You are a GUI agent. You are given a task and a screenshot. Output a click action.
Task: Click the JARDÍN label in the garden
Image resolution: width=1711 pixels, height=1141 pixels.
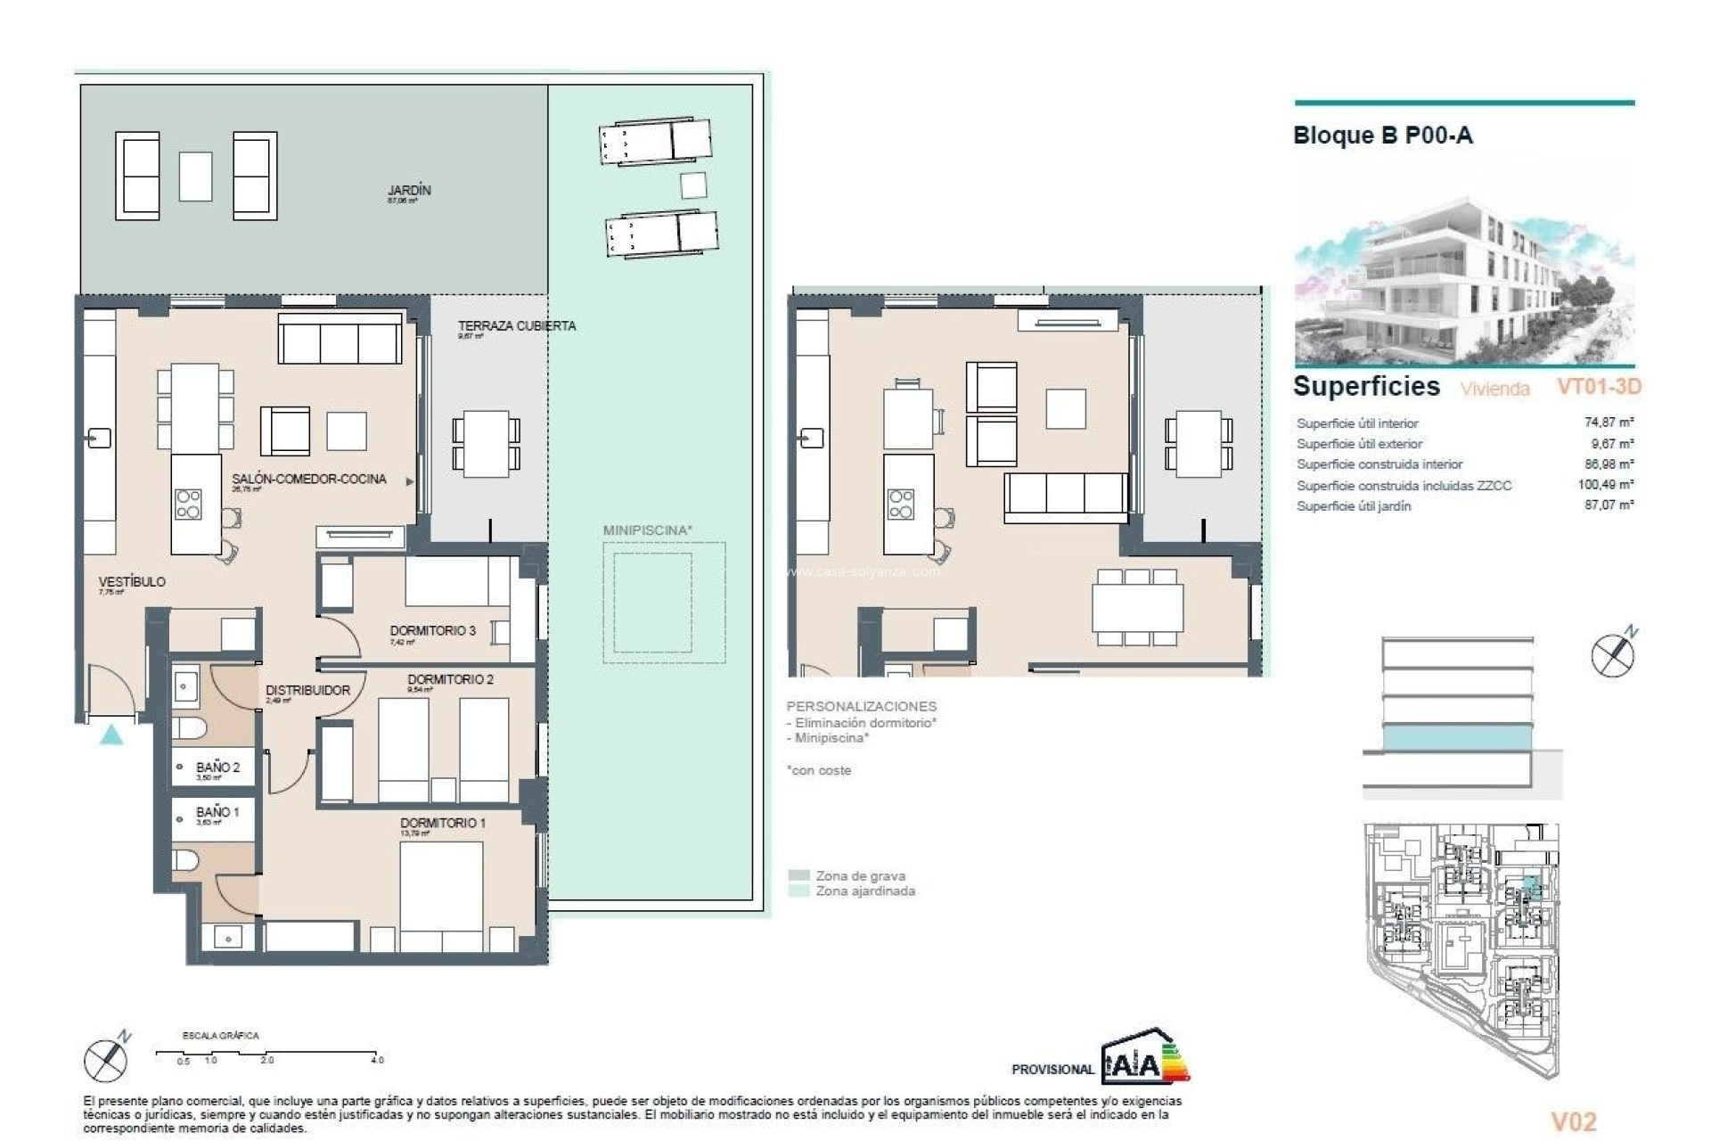pos(409,191)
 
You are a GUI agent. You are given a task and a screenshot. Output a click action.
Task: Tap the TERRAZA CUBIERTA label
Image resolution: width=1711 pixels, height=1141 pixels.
pos(516,326)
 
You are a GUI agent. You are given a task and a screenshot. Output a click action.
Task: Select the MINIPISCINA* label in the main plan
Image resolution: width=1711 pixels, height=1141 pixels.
pos(647,530)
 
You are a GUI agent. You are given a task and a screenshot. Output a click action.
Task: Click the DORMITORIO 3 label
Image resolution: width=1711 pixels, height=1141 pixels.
pos(432,630)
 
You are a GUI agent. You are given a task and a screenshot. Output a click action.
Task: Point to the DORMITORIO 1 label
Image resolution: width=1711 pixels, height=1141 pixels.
pos(442,823)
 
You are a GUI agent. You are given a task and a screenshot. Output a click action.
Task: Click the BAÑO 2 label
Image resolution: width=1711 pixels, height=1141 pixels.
pos(217,768)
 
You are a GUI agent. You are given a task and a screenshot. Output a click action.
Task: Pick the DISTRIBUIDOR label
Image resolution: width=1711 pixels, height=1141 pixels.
pos(307,690)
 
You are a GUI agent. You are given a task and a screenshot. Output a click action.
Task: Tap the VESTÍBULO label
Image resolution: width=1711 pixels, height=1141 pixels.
pos(132,582)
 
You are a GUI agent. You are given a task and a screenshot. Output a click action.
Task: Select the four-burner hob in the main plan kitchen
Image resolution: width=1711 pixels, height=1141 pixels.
pos(188,504)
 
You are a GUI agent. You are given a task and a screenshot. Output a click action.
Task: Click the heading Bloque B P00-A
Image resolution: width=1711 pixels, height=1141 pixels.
pos(1382,135)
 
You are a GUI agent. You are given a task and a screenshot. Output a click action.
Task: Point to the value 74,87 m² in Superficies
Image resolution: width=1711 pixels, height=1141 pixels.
pos(1609,423)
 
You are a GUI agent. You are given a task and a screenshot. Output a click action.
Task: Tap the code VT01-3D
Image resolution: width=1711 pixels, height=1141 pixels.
pos(1598,387)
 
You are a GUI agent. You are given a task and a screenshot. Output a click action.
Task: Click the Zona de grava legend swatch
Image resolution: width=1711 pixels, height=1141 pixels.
pos(799,875)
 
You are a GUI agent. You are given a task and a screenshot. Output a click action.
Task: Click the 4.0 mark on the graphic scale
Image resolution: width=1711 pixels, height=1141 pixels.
pos(377,1060)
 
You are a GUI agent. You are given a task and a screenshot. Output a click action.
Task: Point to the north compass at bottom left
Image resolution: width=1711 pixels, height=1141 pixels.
pos(106,1060)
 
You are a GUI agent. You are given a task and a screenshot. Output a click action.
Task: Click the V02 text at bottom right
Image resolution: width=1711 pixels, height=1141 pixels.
pos(1573,1121)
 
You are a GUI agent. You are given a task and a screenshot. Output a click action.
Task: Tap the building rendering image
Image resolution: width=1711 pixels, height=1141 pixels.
pos(1463,282)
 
